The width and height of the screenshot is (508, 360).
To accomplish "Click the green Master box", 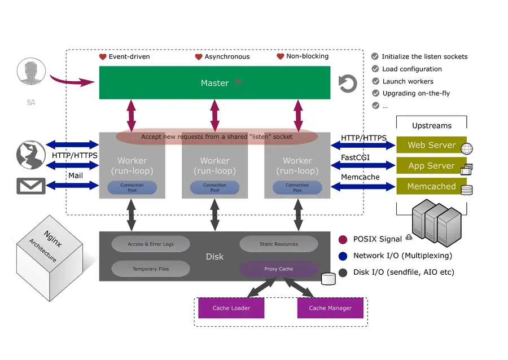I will pos(214,83).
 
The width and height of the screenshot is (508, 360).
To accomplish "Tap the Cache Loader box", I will pos(231,308).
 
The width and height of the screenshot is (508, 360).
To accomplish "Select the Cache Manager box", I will pos(330,308).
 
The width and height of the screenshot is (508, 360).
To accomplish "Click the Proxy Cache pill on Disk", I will pos(278,269).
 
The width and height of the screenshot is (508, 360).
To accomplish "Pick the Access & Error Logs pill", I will pos(151,244).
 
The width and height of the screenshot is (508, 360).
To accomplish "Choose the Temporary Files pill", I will pos(151,269).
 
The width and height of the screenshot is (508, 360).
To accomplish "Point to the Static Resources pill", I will pos(278,244).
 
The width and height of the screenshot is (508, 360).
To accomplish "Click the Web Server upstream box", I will pos(431,145).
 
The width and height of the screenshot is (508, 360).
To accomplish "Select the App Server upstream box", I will pos(431,166).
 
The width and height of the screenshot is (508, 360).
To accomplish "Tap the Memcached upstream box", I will pos(431,186).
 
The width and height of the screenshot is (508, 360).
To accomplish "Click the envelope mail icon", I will pos(31,186).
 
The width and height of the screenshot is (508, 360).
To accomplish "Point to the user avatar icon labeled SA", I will pos(31,74).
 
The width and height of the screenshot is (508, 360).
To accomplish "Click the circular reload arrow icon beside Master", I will pos(348,84).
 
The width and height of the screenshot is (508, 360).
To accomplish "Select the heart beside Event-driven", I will pos(103,57).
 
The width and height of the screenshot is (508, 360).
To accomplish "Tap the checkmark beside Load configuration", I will pos(375,69).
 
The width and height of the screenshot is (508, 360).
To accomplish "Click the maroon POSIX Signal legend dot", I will pos(343,239).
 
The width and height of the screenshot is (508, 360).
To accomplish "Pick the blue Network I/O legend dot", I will pos(343,256).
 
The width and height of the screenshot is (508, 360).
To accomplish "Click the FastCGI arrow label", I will pos(355,157).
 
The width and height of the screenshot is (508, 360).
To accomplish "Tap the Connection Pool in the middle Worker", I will pos(214,187).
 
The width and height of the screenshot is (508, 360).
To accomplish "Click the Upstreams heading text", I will pos(431,125).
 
